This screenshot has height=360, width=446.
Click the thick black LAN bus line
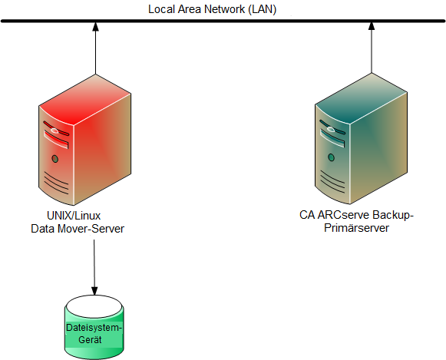pyautogui.click(x=223, y=21)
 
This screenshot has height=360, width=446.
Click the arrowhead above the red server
pyautogui.click(x=95, y=28)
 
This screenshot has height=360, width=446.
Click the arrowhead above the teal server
pyautogui.click(x=372, y=28)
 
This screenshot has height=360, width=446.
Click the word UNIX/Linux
pyautogui.click(x=74, y=216)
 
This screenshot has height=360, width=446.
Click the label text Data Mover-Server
pyautogui.click(x=77, y=228)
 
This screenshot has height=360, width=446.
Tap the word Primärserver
pyautogui.click(x=356, y=228)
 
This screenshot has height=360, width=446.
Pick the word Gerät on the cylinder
pyautogui.click(x=94, y=339)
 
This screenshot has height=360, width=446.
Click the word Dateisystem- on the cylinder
pyautogui.click(x=94, y=329)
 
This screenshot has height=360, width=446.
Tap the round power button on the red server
pyautogui.click(x=55, y=159)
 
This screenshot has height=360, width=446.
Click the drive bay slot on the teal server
pyautogui.click(x=332, y=137)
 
